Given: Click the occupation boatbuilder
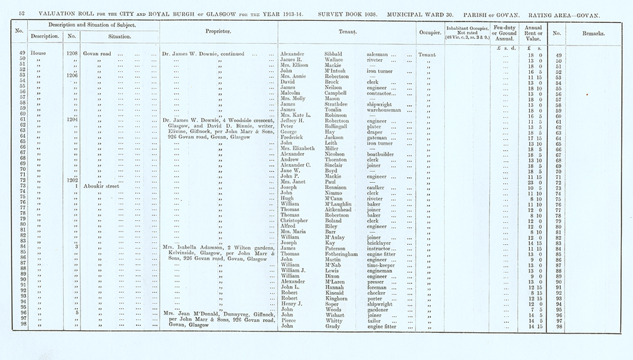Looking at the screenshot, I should click(x=385, y=154).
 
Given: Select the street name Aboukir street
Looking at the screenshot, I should click(x=102, y=187).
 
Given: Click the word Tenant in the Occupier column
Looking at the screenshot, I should click(x=428, y=54).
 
